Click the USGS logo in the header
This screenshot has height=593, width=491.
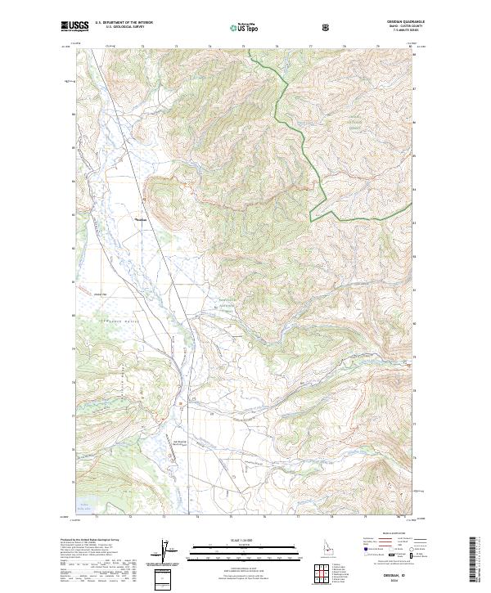click(x=74, y=26)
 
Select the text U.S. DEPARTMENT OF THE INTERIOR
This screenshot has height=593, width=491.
click(x=124, y=22)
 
